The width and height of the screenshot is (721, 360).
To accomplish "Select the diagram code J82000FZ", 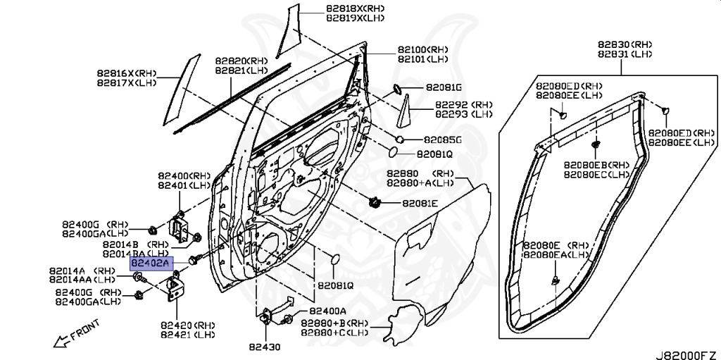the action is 687,355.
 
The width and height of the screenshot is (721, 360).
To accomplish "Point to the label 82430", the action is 265,347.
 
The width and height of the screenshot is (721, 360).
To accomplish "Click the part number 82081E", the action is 420,203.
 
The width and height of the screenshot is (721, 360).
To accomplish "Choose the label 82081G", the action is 444,87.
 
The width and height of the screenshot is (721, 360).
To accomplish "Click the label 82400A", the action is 327,311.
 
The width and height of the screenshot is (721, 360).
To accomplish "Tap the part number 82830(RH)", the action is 625,44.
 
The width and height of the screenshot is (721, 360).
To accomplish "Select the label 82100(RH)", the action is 423,50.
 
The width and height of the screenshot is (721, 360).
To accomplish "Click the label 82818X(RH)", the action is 355,8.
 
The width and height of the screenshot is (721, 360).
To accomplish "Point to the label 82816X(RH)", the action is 127,73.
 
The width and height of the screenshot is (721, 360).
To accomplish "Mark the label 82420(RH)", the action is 187,325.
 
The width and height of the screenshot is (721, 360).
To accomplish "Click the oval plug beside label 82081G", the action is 396,89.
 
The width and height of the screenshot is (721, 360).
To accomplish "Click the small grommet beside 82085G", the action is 400,139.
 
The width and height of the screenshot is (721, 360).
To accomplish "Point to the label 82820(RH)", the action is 242,61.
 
